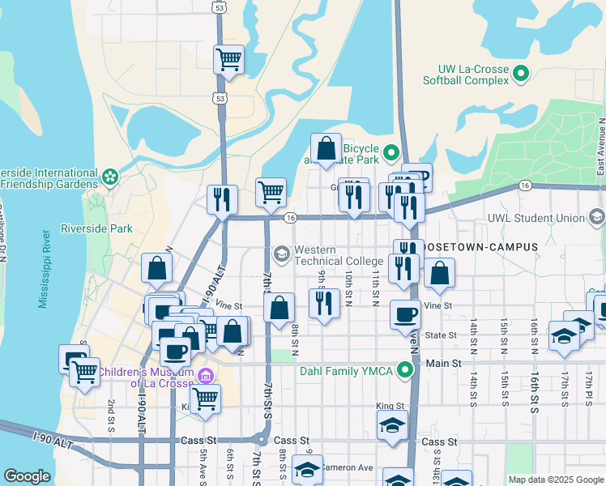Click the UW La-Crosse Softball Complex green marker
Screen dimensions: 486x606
pos(521,75)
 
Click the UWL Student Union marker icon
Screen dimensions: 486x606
pos(597,217)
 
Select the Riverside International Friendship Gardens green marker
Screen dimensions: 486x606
pos(110,175)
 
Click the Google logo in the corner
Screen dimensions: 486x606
pos(27,476)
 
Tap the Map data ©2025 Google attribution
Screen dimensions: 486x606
pos(555,480)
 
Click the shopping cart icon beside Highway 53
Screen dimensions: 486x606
pos(228,59)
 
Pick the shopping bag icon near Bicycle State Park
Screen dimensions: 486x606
pos(326,148)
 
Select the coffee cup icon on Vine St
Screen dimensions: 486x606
pos(405,314)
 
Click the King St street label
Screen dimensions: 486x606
pos(390,406)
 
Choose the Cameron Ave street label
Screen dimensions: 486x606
pos(346,467)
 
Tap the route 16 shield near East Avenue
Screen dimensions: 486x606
pos(525,186)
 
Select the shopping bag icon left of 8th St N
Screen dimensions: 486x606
pos(279,308)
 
